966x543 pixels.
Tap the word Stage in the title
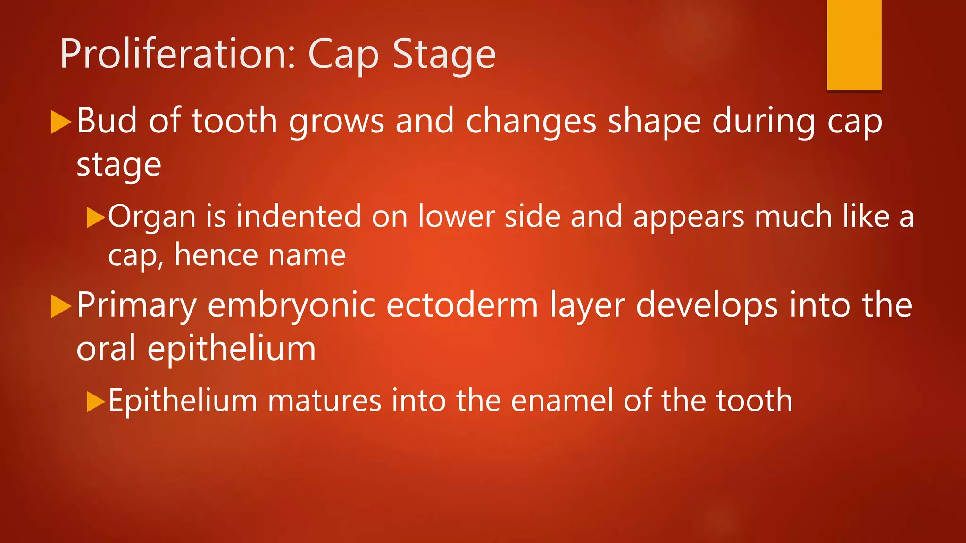(x=444, y=55)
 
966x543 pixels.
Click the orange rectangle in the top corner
(x=854, y=45)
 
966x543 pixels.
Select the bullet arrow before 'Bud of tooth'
(x=60, y=122)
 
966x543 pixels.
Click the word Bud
(x=107, y=121)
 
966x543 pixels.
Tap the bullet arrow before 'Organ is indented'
(x=95, y=218)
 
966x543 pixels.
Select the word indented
(x=299, y=217)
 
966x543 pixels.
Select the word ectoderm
(x=462, y=305)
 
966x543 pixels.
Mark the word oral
(x=106, y=348)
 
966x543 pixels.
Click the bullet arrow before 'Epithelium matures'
(x=95, y=402)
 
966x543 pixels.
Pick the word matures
(x=325, y=401)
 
